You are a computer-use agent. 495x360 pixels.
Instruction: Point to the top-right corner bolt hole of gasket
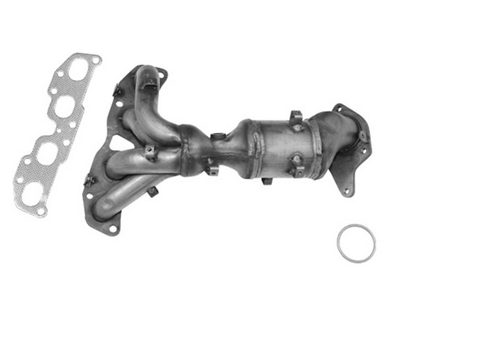click(x=97, y=59)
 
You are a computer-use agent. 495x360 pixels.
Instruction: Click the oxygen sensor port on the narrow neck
click(x=217, y=136)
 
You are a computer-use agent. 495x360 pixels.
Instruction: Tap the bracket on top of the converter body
click(x=295, y=117)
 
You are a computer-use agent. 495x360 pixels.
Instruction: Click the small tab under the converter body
click(x=266, y=180)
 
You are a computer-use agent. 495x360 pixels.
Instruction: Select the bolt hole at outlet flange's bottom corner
click(x=346, y=192)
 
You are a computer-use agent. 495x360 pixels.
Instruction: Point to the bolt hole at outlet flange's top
click(x=340, y=108)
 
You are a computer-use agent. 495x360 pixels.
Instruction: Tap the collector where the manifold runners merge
click(x=192, y=150)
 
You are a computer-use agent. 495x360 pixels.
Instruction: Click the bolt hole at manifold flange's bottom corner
click(x=113, y=229)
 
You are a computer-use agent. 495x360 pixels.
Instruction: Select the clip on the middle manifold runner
click(x=151, y=150)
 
